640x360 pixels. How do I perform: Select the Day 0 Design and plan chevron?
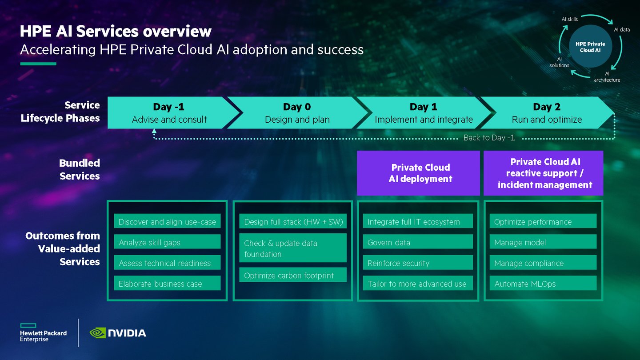pyautogui.click(x=297, y=113)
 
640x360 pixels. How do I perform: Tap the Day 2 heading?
pyautogui.click(x=547, y=107)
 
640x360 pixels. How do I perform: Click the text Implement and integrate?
pyautogui.click(x=424, y=120)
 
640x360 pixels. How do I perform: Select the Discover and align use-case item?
pyautogui.click(x=167, y=222)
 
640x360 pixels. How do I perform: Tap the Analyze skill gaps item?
pyautogui.click(x=167, y=242)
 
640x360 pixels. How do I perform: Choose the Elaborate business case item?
pyautogui.click(x=167, y=284)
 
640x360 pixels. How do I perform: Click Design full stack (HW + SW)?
pyautogui.click(x=293, y=222)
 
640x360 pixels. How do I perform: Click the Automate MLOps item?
pyautogui.click(x=543, y=284)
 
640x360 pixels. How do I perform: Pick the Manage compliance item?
pyautogui.click(x=543, y=263)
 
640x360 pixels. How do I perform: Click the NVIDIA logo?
pyautogui.click(x=118, y=333)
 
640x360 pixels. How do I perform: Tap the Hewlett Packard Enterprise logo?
pyautogui.click(x=43, y=333)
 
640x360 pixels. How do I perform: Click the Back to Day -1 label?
pyautogui.click(x=489, y=138)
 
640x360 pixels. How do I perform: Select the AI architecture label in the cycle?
pyautogui.click(x=607, y=77)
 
